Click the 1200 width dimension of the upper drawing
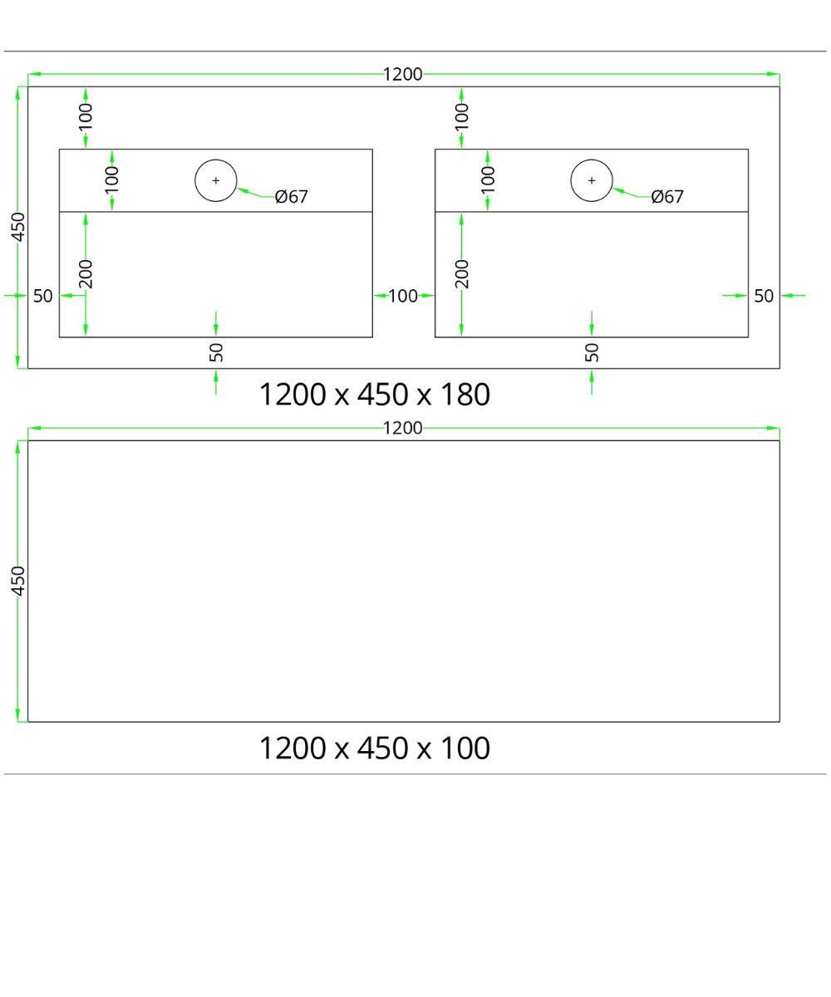pyautogui.click(x=403, y=75)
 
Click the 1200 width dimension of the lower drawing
pyautogui.click(x=403, y=429)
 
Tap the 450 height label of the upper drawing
pyautogui.click(x=18, y=227)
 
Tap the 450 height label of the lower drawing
pyautogui.click(x=18, y=581)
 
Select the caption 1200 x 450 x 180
pyautogui.click(x=375, y=395)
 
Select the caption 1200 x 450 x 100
pyautogui.click(x=375, y=749)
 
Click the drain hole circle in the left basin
pyautogui.click(x=216, y=180)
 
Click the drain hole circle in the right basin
pyautogui.click(x=592, y=180)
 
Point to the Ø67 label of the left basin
pyautogui.click(x=292, y=197)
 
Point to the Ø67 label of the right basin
pyautogui.click(x=667, y=197)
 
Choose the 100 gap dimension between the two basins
pyautogui.click(x=403, y=296)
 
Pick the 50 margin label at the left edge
pyautogui.click(x=43, y=296)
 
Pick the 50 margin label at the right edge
pyautogui.click(x=764, y=296)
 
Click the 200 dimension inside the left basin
pyautogui.click(x=86, y=274)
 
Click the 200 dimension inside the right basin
pyautogui.click(x=462, y=274)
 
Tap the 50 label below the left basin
pyautogui.click(x=216, y=352)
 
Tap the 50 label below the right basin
pyautogui.click(x=592, y=352)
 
